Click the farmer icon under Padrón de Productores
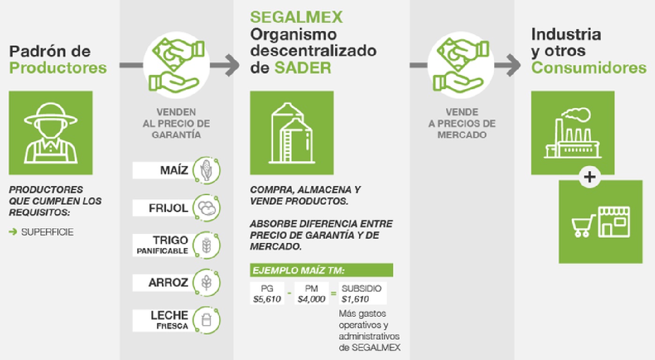51,133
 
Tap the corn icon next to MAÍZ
207,170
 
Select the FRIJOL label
168,208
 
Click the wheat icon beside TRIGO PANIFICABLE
207,245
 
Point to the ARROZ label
168,283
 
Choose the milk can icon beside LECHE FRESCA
207,320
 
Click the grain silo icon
291,133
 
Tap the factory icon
573,133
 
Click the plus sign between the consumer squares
589,177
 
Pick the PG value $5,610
267,299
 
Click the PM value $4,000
312,299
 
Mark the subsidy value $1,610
355,299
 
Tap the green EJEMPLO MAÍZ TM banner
321,270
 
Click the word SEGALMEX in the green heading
296,17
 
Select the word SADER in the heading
303,68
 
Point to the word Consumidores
588,68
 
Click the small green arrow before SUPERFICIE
13,232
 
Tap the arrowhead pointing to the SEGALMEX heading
232,65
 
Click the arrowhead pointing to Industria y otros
513,65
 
